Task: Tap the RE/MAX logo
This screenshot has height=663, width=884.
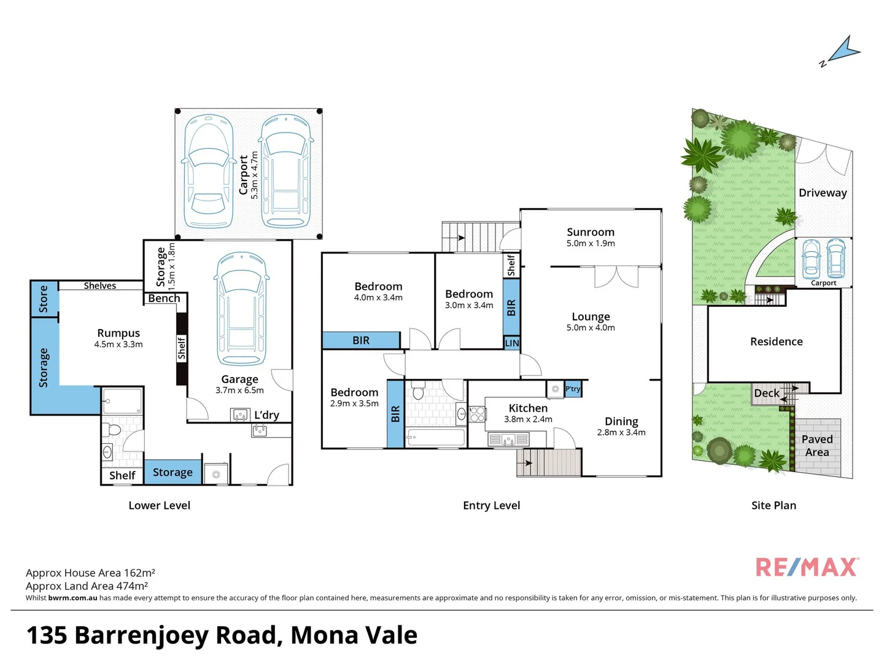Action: pyautogui.click(x=807, y=567)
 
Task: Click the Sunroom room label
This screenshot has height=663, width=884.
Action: pyautogui.click(x=590, y=232)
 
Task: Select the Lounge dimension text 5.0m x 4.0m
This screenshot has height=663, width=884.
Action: pyautogui.click(x=591, y=328)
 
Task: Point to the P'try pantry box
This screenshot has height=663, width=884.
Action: pyautogui.click(x=572, y=389)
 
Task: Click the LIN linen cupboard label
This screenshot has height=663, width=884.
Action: pyautogui.click(x=511, y=343)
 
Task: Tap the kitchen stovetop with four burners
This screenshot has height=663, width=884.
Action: pyautogui.click(x=477, y=414)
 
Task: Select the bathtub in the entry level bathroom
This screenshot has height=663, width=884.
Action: pyautogui.click(x=436, y=438)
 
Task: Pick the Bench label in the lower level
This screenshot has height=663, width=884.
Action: pyautogui.click(x=164, y=298)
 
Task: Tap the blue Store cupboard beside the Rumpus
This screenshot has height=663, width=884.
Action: pyautogui.click(x=44, y=299)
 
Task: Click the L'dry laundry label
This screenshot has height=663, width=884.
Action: pyautogui.click(x=266, y=415)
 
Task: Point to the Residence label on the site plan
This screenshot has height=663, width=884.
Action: pyautogui.click(x=776, y=342)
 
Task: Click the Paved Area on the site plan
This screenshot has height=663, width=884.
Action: pyautogui.click(x=817, y=446)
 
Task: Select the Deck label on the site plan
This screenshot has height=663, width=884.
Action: pyautogui.click(x=766, y=394)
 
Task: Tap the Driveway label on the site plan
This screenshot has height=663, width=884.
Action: pyautogui.click(x=823, y=193)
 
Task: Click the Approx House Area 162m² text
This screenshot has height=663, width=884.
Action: pyautogui.click(x=90, y=573)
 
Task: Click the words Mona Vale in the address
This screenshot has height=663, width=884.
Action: pyautogui.click(x=354, y=635)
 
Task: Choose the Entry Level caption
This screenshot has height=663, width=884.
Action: pyautogui.click(x=491, y=505)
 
